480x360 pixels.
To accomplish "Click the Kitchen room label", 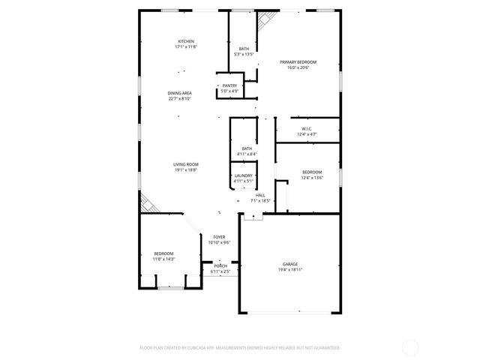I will pyautogui.click(x=186, y=41).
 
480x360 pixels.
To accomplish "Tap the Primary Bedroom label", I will pyautogui.click(x=298, y=61).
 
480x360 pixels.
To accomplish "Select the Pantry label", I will pyautogui.click(x=229, y=86).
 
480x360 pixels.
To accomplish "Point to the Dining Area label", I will pyautogui.click(x=179, y=93).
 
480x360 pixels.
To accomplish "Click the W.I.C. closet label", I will pyautogui.click(x=307, y=128).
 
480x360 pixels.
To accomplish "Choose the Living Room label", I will pyautogui.click(x=186, y=164).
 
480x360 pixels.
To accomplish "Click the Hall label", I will pyautogui.click(x=260, y=195).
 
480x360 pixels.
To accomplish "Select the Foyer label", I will pyautogui.click(x=219, y=237).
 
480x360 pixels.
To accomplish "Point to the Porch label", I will pyautogui.click(x=220, y=265).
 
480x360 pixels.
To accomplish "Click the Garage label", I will pyautogui.click(x=290, y=264).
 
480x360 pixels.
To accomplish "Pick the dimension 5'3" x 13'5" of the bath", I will pyautogui.click(x=244, y=54).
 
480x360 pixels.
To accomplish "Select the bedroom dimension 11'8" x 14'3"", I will pyautogui.click(x=163, y=259).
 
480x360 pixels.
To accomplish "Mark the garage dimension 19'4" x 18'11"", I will pyautogui.click(x=290, y=270).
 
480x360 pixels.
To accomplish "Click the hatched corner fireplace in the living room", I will pyautogui.click(x=148, y=202).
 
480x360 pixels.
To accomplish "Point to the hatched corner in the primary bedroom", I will pyautogui.click(x=265, y=22).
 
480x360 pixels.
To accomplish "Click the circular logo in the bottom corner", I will pyautogui.click(x=410, y=347).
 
